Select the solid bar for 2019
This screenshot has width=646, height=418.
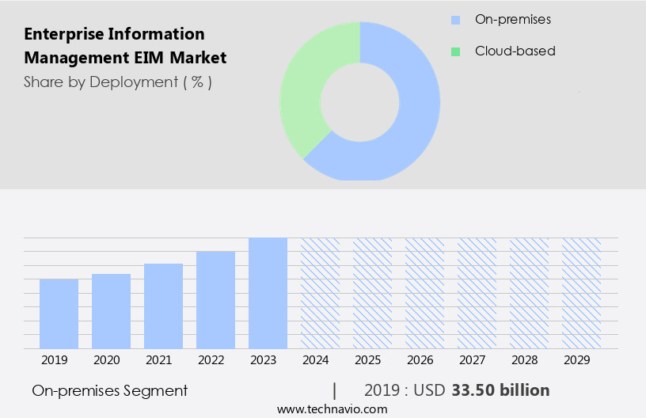(59, 313)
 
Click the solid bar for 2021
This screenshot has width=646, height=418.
(163, 306)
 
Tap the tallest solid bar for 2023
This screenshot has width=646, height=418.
(268, 293)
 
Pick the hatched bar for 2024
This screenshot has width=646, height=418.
(320, 293)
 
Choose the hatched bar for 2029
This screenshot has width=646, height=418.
(581, 293)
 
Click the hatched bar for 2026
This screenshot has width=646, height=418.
(424, 293)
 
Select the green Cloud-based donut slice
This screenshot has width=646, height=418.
(305, 87)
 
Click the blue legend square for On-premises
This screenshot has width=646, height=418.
(455, 20)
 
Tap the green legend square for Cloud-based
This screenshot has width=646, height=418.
(455, 51)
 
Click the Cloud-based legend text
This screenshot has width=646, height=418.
(515, 51)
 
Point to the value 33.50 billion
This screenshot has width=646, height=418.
(500, 390)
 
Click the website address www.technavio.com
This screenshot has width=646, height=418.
(332, 408)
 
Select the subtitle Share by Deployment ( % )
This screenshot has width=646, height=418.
(117, 82)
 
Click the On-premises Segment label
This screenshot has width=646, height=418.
(110, 390)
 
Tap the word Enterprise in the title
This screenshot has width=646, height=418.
(62, 34)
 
